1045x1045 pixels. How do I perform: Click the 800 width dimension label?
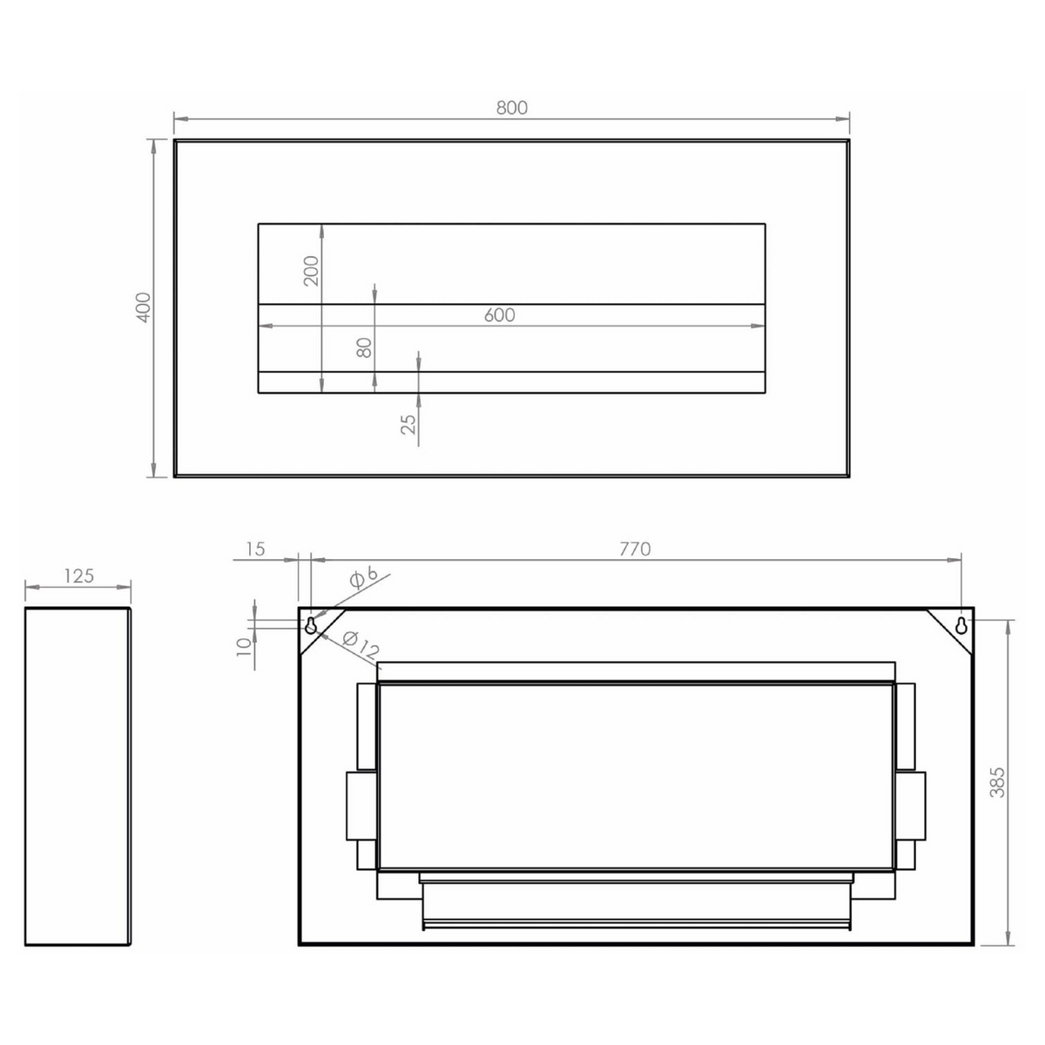(x=511, y=108)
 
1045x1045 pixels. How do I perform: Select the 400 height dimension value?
(x=143, y=307)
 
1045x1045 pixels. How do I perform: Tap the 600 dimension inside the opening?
(x=500, y=315)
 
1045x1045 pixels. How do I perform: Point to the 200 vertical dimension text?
(x=311, y=271)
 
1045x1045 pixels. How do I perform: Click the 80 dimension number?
(x=364, y=347)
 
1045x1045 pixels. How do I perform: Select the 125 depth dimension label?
(x=79, y=576)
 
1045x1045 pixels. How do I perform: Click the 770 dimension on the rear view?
(x=635, y=549)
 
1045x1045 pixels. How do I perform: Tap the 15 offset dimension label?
(x=255, y=549)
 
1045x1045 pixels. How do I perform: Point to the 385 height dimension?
(x=997, y=783)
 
